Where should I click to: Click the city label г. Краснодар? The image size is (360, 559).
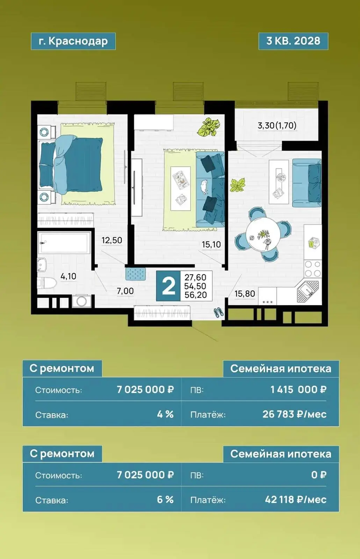(73, 41)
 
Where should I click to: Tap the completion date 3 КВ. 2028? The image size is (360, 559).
(293, 41)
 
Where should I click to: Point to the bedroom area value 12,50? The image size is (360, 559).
(111, 240)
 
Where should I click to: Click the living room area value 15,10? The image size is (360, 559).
(211, 245)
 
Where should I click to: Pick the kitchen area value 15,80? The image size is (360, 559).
(245, 294)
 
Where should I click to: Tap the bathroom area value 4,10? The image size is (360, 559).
(69, 276)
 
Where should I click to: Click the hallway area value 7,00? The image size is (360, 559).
(125, 291)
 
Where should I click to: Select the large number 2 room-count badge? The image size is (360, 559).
(168, 286)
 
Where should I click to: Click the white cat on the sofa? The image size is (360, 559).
(204, 187)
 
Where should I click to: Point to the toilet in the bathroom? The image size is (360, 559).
(47, 283)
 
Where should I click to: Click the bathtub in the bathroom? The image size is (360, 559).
(64, 243)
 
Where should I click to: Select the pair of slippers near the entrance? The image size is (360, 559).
(218, 312)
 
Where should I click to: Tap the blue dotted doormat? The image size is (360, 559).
(136, 274)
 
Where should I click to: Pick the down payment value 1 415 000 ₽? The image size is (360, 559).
(298, 390)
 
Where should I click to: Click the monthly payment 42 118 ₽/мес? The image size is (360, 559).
(296, 500)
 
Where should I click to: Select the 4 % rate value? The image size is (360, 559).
(165, 414)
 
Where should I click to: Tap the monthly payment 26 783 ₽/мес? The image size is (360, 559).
(295, 414)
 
